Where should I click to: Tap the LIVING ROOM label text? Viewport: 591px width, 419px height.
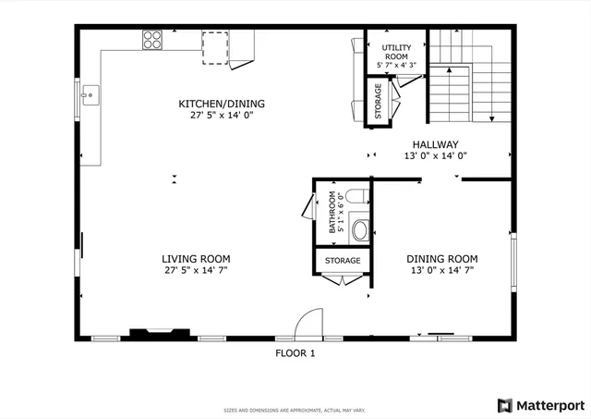tap(196, 259)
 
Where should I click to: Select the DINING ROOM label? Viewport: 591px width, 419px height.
tap(443, 259)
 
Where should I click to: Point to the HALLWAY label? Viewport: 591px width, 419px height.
tap(435, 144)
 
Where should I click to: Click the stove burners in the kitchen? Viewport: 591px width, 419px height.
tap(152, 40)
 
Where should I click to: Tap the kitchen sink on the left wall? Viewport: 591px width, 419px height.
tap(90, 94)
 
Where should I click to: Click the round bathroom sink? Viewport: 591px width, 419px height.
tap(359, 229)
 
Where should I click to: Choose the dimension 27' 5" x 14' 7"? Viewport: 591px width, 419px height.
tap(196, 271)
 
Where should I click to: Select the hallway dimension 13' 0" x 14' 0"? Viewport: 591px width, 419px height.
tap(435, 156)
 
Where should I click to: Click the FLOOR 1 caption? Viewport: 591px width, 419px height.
tap(295, 353)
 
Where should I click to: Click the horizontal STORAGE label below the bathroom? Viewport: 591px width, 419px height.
tap(342, 261)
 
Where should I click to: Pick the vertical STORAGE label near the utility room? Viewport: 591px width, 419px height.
tap(378, 102)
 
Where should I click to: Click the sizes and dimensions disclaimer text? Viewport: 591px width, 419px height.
tap(295, 410)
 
